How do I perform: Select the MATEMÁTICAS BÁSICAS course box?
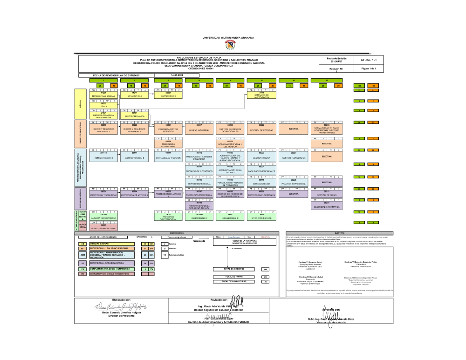[103, 95]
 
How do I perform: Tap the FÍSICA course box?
[103, 105]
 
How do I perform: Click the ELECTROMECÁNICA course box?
[135, 115]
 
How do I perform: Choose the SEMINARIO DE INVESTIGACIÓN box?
[261, 95]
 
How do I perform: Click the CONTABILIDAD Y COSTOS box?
[167, 157]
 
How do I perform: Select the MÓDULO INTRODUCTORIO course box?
[103, 228]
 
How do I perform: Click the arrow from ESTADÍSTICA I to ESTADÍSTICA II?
[151, 95]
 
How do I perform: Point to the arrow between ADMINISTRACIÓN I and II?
[119, 157]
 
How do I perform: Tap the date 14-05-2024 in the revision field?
[177, 75]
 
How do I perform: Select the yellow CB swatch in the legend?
[82, 244]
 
